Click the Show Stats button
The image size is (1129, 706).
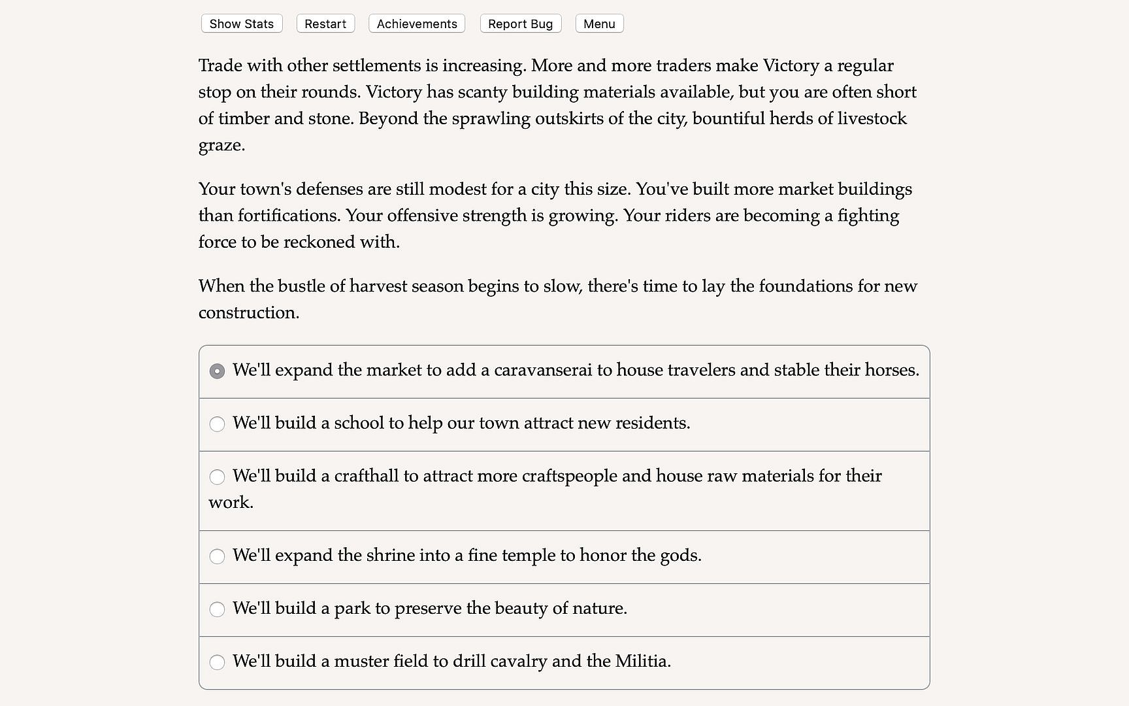pos(242,24)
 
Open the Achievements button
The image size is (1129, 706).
pos(417,24)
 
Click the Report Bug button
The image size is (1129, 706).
pos(520,24)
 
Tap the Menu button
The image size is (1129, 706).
pos(599,24)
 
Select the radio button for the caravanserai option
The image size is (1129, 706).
pos(217,371)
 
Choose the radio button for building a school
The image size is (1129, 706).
pos(217,424)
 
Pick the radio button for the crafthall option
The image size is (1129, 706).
pos(217,477)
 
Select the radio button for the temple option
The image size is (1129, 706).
pos(217,556)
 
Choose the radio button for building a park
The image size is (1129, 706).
pos(217,609)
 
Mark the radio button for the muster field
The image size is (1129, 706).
pos(217,662)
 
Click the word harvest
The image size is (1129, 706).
pos(379,286)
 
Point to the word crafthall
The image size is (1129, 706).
pos(366,476)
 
